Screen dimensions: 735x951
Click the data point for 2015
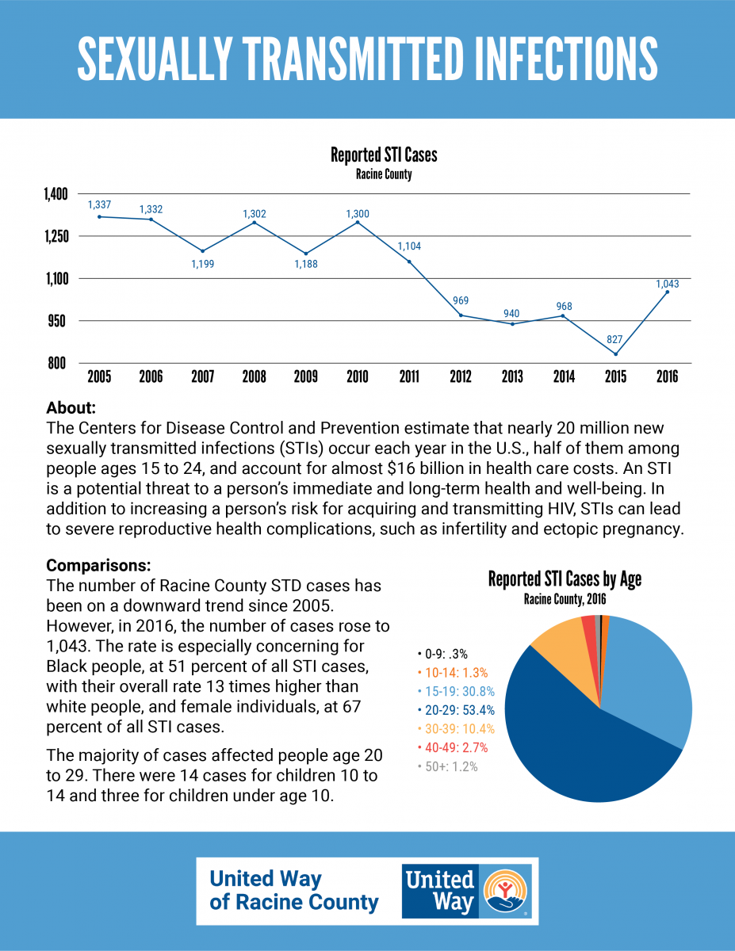(615, 354)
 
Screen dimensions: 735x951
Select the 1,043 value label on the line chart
(667, 284)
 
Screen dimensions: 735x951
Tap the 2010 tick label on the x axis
(358, 376)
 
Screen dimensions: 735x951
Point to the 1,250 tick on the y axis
(56, 236)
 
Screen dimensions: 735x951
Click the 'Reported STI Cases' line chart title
(384, 155)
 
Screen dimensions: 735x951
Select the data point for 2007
(203, 251)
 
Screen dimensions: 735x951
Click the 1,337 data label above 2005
(99, 204)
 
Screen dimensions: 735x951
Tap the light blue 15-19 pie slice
(648, 682)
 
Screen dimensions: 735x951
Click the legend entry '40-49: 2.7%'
(453, 747)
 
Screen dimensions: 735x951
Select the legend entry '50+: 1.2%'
(447, 766)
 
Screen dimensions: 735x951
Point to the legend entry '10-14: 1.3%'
(453, 673)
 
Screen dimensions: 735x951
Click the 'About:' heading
(71, 408)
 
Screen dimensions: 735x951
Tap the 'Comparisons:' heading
(98, 565)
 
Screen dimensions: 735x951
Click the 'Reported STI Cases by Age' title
(565, 579)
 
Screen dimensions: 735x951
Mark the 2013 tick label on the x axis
(512, 376)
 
